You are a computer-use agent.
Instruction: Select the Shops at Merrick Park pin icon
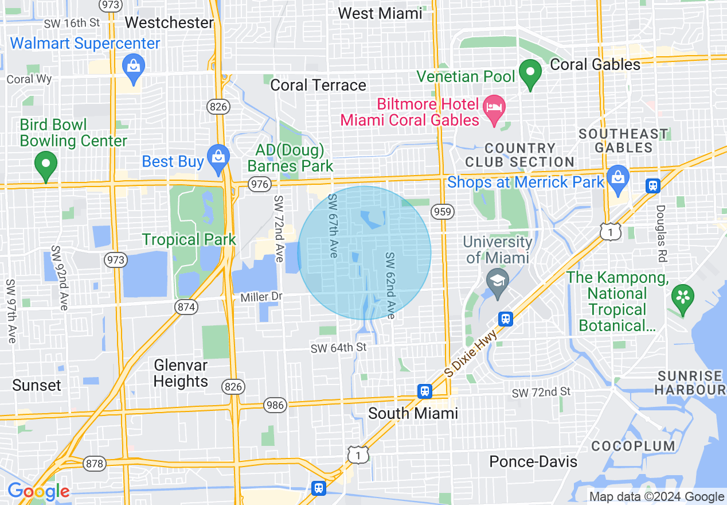pos(617,177)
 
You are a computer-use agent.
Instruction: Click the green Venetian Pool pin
pos(530,73)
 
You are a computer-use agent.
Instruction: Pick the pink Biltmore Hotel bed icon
pos(494,108)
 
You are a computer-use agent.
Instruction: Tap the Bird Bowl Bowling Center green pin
pos(46,165)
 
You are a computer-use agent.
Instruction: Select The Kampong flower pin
pos(682,297)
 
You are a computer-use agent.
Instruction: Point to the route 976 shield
pos(260,184)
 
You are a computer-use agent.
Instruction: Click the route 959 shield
pos(443,211)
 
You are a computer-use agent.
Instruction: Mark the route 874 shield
pos(187,307)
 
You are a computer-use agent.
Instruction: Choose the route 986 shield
pos(275,406)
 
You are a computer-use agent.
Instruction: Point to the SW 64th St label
pos(338,348)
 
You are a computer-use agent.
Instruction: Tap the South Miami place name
pos(413,413)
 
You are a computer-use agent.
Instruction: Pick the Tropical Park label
pos(189,239)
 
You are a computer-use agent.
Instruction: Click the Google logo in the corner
pos(38,491)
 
